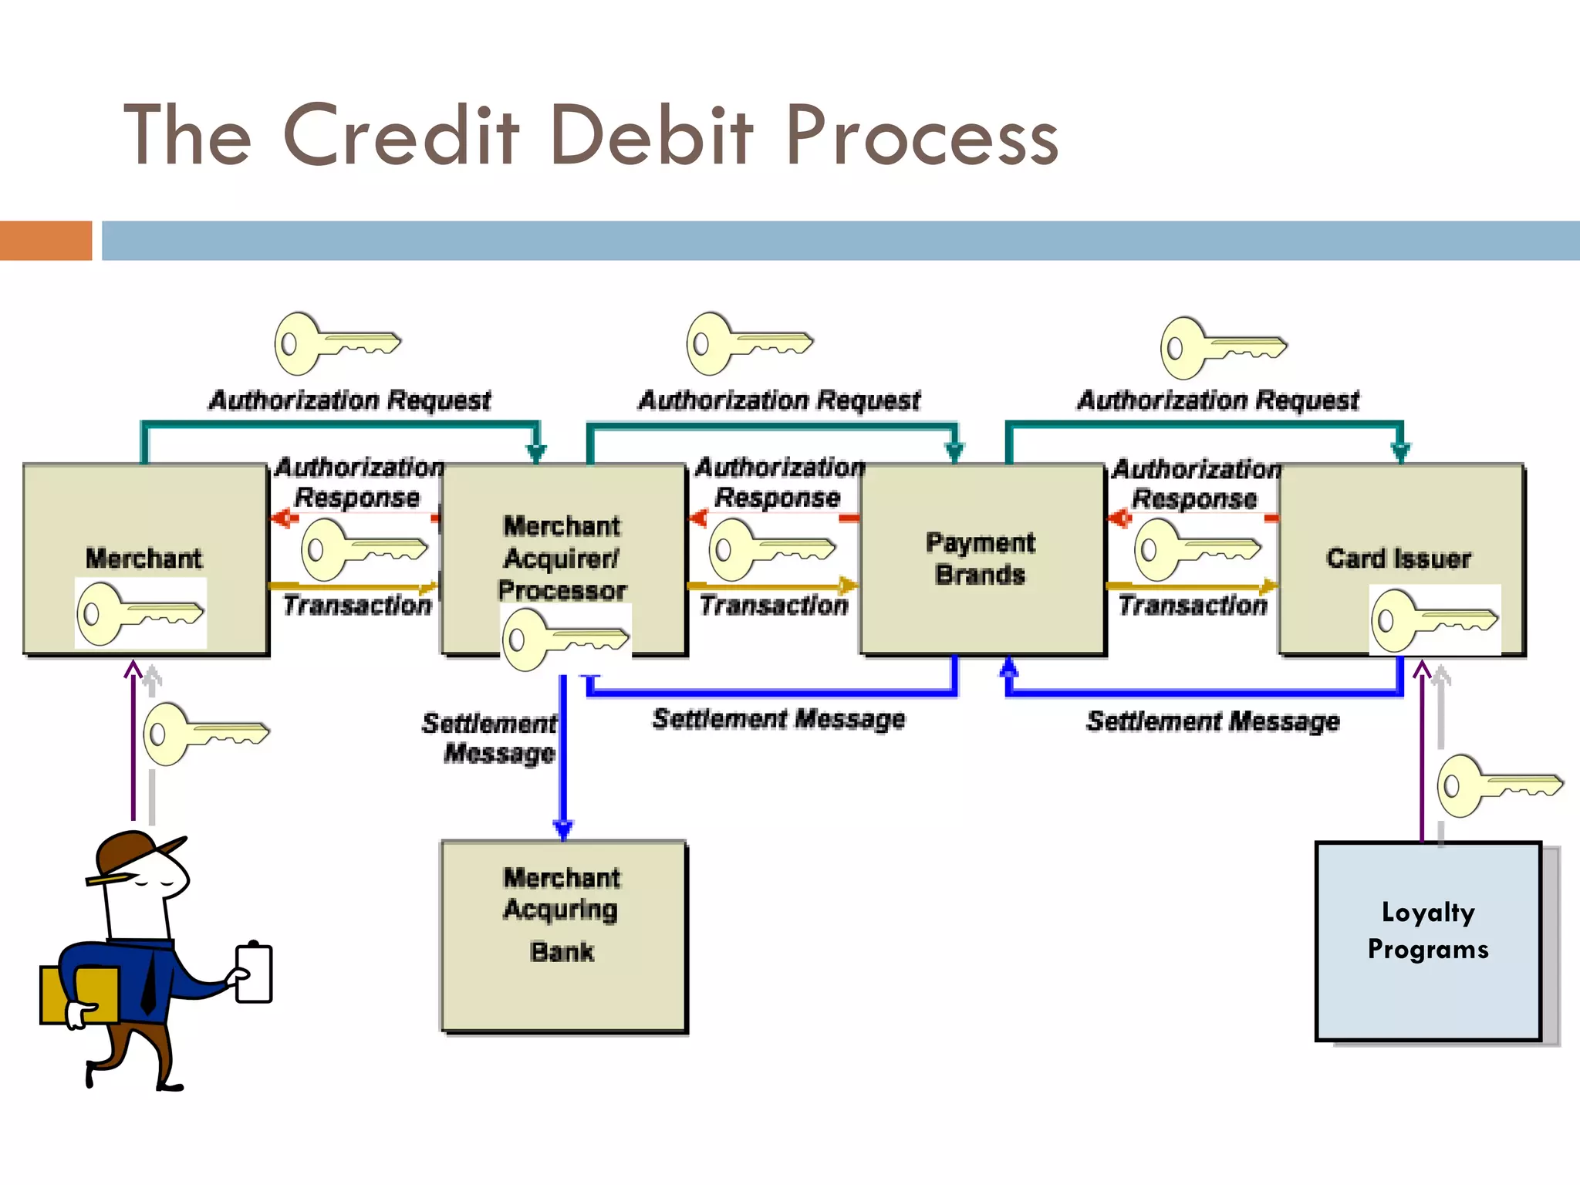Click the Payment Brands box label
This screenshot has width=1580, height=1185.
pyautogui.click(x=980, y=559)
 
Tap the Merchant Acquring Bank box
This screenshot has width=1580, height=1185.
pyautogui.click(x=563, y=935)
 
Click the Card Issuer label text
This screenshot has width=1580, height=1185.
pyautogui.click(x=1398, y=559)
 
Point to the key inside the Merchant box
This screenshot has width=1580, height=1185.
pyautogui.click(x=140, y=614)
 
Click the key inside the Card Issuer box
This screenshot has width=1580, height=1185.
pyautogui.click(x=1434, y=620)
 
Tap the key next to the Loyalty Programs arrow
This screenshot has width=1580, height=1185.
pyautogui.click(x=1499, y=785)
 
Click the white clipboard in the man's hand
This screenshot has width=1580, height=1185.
pyautogui.click(x=255, y=973)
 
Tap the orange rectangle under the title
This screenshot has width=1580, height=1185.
pyautogui.click(x=46, y=241)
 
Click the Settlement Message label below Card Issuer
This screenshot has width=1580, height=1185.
pyautogui.click(x=1212, y=721)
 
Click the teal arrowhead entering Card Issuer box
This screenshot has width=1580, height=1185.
pyautogui.click(x=1400, y=451)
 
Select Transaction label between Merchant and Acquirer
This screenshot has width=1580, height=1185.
pyautogui.click(x=356, y=606)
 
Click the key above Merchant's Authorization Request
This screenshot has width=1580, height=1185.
pyautogui.click(x=337, y=343)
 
